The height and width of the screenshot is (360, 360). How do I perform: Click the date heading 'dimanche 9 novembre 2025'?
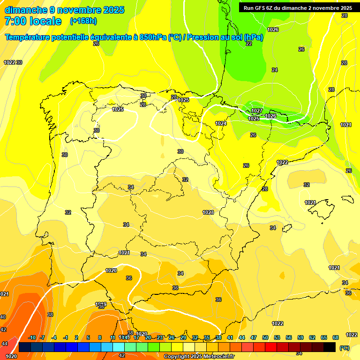pos(64,10)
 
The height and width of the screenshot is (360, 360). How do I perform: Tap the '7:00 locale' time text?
pos(33,21)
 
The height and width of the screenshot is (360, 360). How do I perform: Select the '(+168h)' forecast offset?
pos(83,21)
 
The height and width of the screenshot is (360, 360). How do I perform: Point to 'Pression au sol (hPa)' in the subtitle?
pos(225,37)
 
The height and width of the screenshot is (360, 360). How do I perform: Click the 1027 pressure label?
pos(256,111)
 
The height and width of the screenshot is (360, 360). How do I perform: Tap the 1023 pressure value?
pos(208,212)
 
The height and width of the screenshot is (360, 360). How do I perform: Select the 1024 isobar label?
pos(221,123)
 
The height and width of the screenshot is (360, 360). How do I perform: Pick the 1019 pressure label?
pos(101,304)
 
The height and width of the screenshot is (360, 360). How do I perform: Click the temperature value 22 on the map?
pos(249,44)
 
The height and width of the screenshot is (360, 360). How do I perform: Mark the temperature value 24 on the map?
pos(275,70)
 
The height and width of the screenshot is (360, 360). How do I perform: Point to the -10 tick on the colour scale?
pos(32,337)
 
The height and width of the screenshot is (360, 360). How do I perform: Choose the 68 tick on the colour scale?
pos(336,337)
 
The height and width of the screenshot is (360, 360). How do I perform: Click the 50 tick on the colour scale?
pos(265,337)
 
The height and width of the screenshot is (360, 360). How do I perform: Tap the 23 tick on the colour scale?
pos(160,337)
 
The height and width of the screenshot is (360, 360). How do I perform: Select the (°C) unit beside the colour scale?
pos(344,347)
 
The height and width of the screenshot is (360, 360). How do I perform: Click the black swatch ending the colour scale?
pos(330,347)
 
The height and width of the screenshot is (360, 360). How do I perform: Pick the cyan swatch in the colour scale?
pos(119,347)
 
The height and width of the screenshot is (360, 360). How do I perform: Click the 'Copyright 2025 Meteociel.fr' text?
pos(199,356)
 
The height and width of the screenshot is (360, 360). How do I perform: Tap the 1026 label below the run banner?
pos(273,30)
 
